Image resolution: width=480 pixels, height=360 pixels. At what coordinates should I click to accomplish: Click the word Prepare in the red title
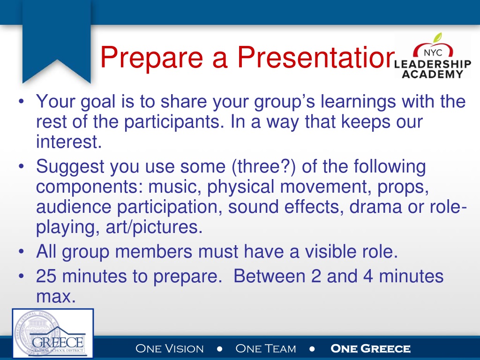[x=152, y=58]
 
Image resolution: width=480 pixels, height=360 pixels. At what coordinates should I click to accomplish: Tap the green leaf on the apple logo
[x=438, y=37]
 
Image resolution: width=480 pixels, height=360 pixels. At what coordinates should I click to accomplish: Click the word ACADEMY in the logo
[x=433, y=74]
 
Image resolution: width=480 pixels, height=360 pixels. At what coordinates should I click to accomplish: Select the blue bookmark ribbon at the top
[x=57, y=42]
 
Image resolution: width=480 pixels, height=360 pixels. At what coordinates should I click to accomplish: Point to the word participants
[x=172, y=122]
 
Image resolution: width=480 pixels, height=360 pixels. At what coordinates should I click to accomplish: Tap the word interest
[x=69, y=142]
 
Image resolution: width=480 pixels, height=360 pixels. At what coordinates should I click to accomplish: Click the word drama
[x=375, y=207]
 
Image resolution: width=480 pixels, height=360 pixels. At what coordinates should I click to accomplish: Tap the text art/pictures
[x=154, y=227]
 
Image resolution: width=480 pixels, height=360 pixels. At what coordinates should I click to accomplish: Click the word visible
[x=330, y=251]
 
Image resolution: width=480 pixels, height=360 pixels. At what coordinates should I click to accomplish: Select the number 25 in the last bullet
[x=46, y=276]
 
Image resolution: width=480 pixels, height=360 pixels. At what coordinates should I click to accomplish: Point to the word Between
[x=270, y=276]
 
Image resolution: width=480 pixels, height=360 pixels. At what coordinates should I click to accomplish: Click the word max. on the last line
[x=56, y=297]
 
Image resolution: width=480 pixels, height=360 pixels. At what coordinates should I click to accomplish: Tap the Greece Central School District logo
[x=52, y=333]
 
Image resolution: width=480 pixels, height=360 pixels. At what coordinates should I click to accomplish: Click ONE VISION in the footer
[x=170, y=348]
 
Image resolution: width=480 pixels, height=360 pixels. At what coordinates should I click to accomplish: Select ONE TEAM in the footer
[x=266, y=348]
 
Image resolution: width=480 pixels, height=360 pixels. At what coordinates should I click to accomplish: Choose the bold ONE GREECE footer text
[x=370, y=348]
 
